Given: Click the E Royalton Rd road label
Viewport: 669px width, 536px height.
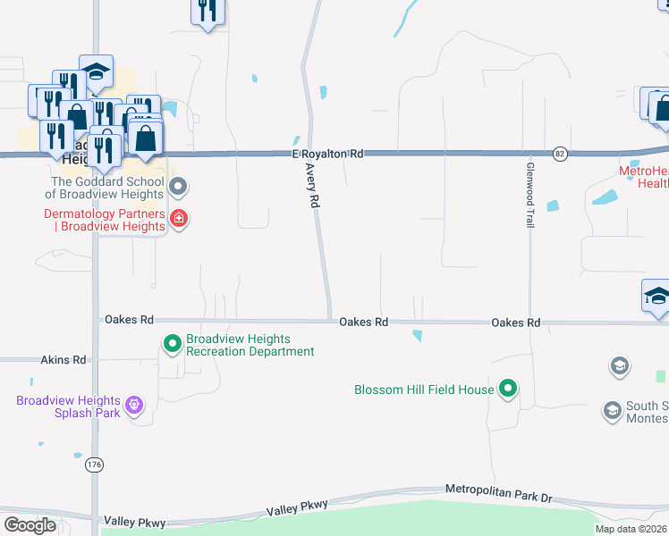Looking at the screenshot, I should click(x=327, y=154).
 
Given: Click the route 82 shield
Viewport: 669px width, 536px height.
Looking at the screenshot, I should click(x=560, y=154).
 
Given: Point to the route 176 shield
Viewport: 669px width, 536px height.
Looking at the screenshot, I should click(x=95, y=465).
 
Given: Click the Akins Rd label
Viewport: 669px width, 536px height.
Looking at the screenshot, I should click(x=64, y=360).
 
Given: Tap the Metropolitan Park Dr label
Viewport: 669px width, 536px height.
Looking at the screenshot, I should click(x=500, y=492).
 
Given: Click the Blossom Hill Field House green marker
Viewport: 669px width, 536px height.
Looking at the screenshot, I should click(x=508, y=389).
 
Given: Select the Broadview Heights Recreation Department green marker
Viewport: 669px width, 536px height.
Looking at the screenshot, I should click(x=172, y=342).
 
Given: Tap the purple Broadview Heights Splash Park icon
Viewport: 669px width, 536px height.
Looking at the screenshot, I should click(x=134, y=406).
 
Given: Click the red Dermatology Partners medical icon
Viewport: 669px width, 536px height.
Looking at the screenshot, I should click(x=179, y=219).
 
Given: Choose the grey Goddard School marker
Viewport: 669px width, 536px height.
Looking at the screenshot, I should click(x=178, y=187).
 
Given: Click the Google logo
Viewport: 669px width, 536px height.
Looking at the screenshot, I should click(x=30, y=524).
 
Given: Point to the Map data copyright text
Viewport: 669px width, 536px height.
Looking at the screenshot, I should click(x=631, y=529).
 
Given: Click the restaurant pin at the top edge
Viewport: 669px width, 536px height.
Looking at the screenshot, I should click(x=207, y=12).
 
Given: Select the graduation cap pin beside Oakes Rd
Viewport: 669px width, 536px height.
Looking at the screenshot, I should click(x=656, y=296).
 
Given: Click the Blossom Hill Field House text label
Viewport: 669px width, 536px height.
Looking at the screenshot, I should click(x=424, y=389).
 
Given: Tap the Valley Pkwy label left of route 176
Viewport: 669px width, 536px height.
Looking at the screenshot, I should click(x=131, y=520).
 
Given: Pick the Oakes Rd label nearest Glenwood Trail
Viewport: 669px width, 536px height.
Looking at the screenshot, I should click(x=516, y=322).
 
